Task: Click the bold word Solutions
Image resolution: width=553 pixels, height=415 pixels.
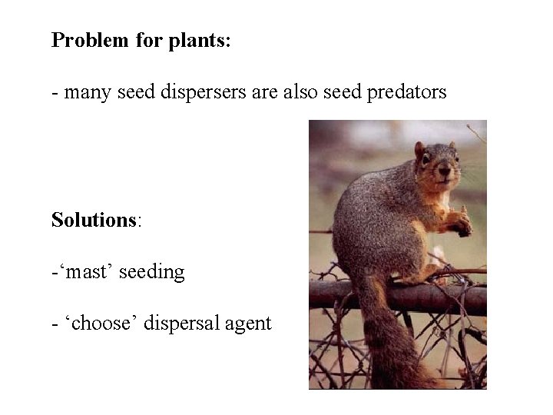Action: coord(94,220)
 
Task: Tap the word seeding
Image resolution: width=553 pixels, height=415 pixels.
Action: coord(157,272)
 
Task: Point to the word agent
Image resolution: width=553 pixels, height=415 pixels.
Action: coord(248,324)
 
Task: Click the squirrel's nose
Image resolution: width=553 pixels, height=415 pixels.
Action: coord(445,174)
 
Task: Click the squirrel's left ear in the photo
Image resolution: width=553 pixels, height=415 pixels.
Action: coord(420,149)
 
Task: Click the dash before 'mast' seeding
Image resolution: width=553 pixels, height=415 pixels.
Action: coord(54,273)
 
